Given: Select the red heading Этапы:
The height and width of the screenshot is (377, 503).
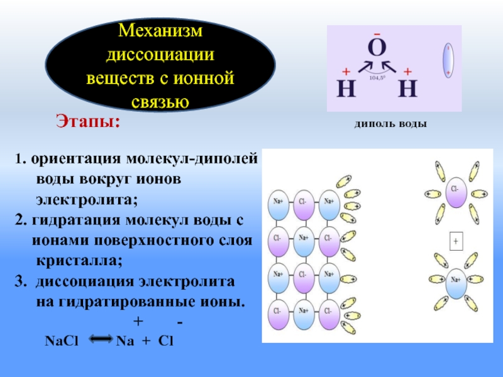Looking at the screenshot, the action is tap(88, 121).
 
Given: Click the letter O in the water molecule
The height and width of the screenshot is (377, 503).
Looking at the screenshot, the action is tap(377, 49).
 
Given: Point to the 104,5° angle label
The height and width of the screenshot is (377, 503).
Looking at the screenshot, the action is tap(377, 78).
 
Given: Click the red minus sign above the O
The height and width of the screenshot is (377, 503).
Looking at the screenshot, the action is tap(377, 33).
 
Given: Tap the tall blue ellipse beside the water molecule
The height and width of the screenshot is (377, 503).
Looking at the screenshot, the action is tap(448, 60).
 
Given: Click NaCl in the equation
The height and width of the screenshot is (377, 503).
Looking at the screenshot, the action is tap(60, 341).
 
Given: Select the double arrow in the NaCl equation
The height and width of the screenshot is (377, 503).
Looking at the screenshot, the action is tap(101, 340).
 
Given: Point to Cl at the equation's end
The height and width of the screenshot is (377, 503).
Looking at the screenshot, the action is tap(165, 341).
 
